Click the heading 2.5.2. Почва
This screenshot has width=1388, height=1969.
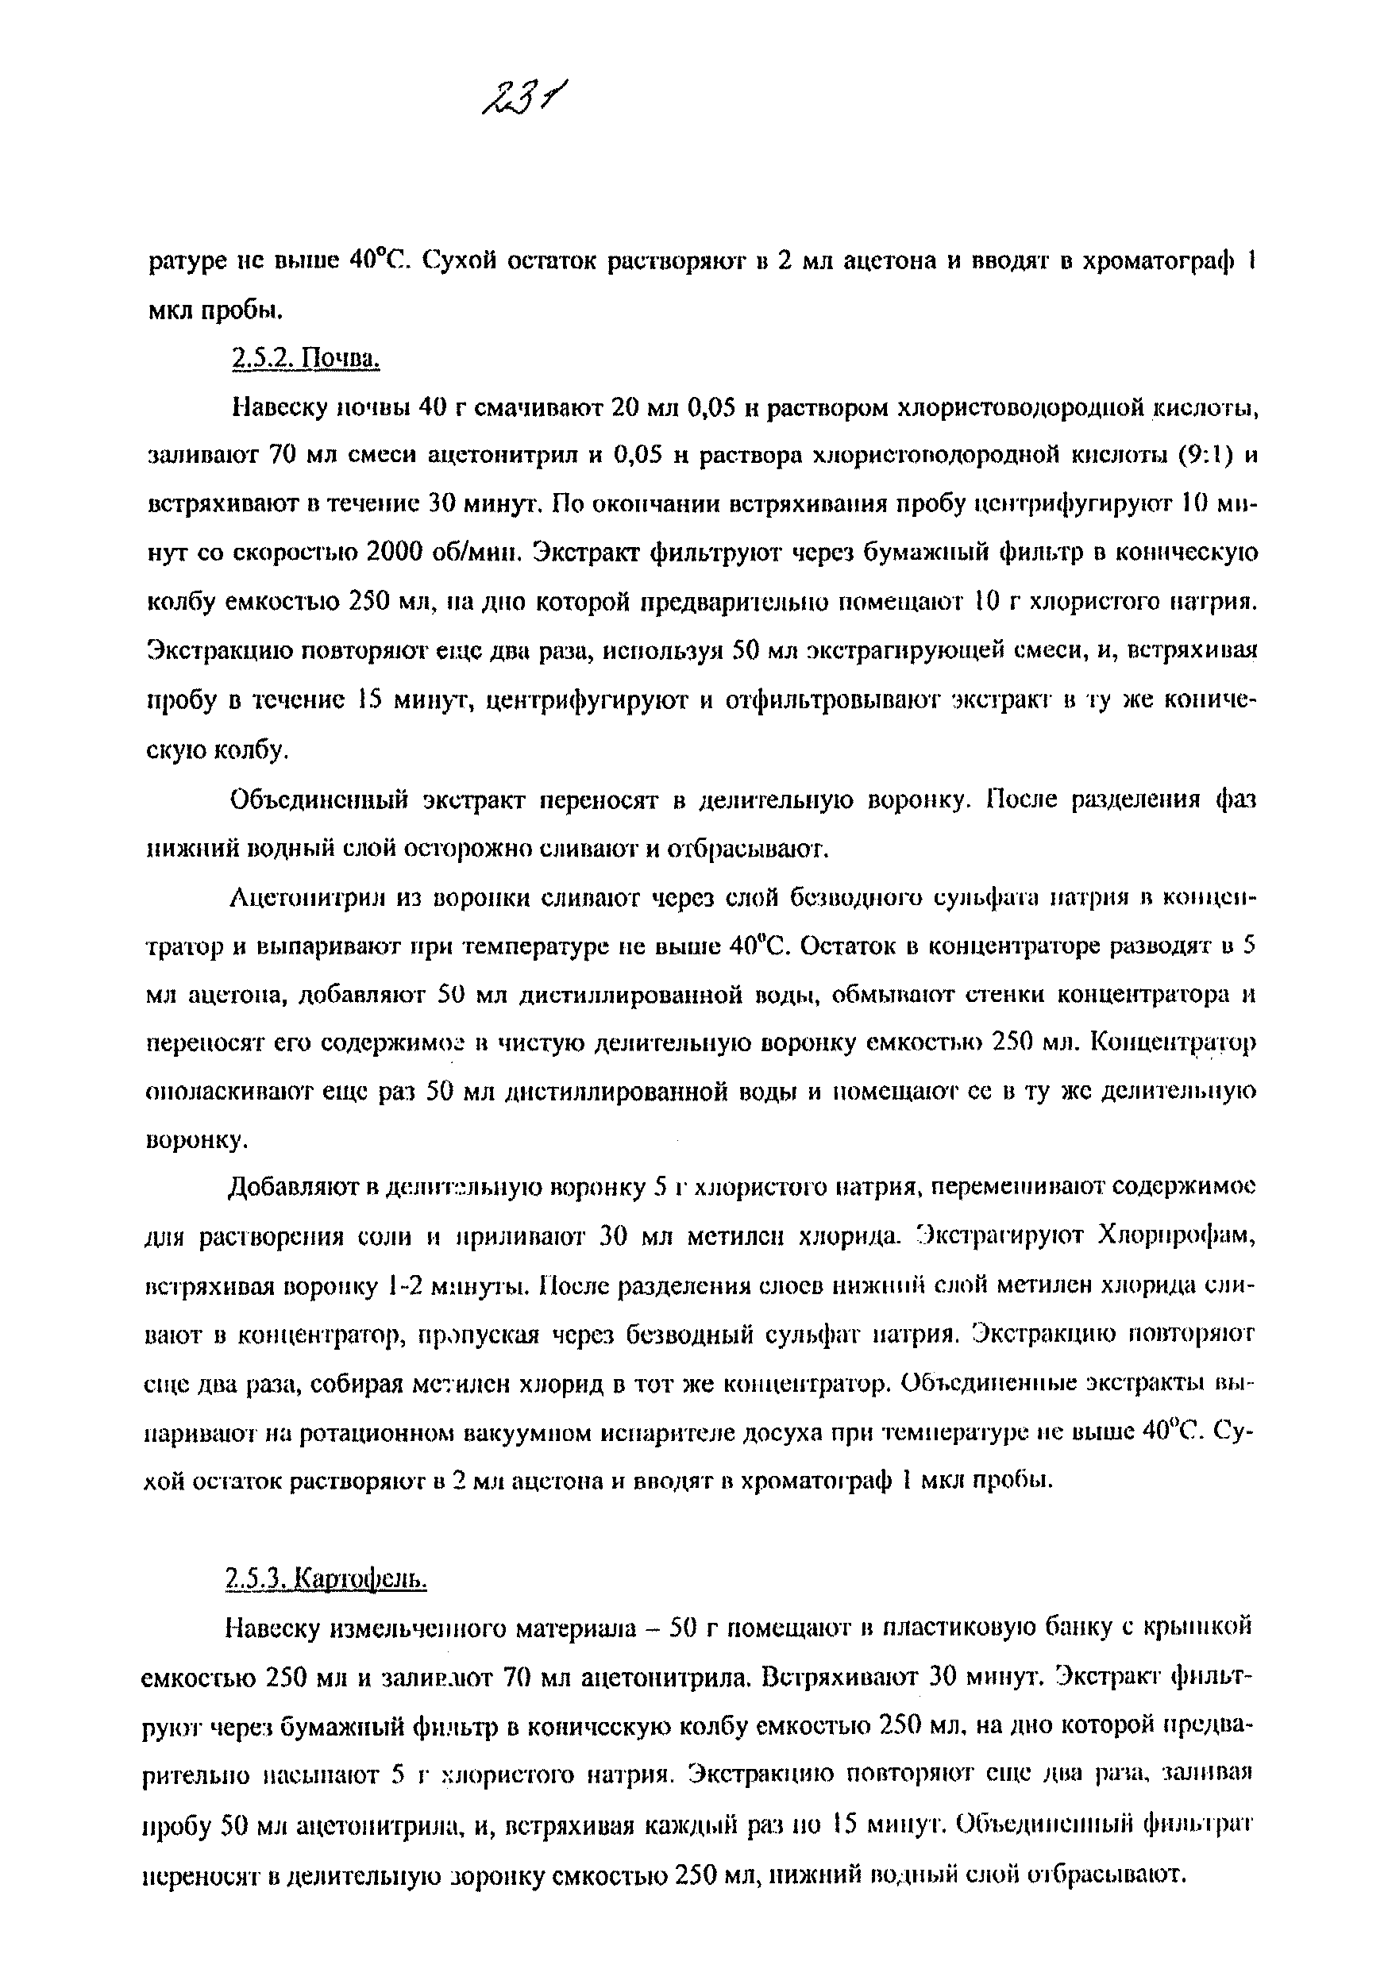[x=306, y=358]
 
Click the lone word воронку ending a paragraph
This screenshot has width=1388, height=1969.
[x=195, y=1141]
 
